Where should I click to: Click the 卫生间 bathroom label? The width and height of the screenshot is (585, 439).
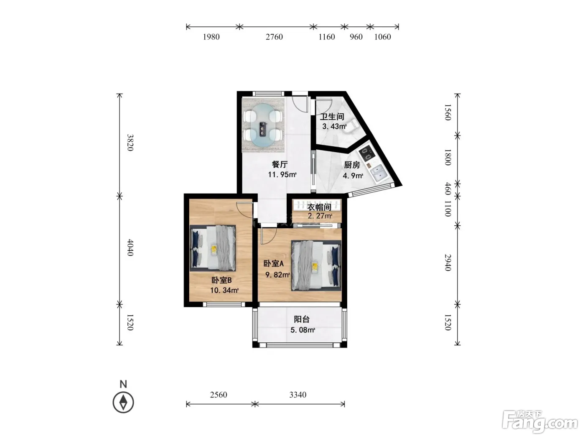pyautogui.click(x=332, y=117)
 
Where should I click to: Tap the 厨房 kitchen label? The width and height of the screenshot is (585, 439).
pyautogui.click(x=352, y=165)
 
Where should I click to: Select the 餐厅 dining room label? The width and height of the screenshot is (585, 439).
pyautogui.click(x=280, y=164)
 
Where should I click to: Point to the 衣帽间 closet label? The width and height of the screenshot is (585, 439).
pyautogui.click(x=319, y=207)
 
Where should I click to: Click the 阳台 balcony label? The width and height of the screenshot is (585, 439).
pyautogui.click(x=302, y=319)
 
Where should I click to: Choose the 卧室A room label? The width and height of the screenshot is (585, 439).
pyautogui.click(x=273, y=264)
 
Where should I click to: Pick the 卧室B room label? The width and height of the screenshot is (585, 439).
pyautogui.click(x=221, y=280)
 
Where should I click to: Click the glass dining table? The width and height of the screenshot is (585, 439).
pyautogui.click(x=263, y=125)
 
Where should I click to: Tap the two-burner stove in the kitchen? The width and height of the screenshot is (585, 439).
pyautogui.click(x=366, y=153)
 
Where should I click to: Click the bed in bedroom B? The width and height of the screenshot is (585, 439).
pyautogui.click(x=213, y=248)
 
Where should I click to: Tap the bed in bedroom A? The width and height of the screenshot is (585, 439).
pyautogui.click(x=316, y=265)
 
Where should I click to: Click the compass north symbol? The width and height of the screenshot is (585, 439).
pyautogui.click(x=123, y=402)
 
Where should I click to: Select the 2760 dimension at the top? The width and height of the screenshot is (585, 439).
pyautogui.click(x=274, y=37)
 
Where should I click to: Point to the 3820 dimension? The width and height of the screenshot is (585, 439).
pyautogui.click(x=130, y=143)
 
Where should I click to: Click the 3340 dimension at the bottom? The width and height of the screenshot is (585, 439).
pyautogui.click(x=298, y=395)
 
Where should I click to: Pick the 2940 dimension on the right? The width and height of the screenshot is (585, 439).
pyautogui.click(x=448, y=263)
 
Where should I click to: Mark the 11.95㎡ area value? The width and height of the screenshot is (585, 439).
pyautogui.click(x=282, y=175)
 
